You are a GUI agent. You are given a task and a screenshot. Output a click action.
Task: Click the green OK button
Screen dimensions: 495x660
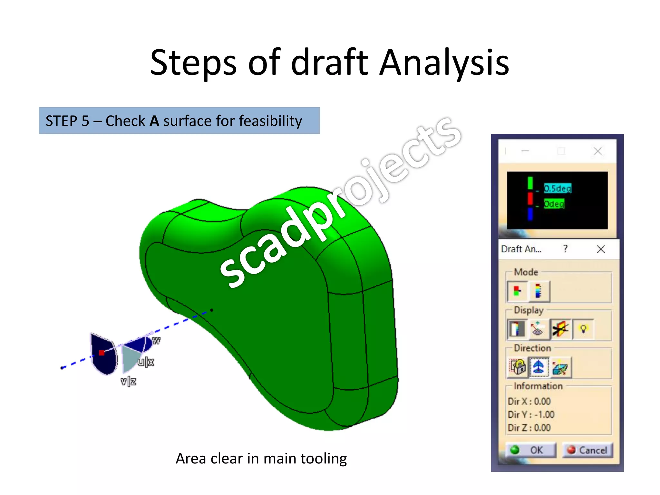(x=531, y=450)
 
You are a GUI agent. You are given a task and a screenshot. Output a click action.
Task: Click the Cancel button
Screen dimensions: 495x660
(x=587, y=450)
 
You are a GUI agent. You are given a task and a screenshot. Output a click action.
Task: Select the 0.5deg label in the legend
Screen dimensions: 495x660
(x=558, y=188)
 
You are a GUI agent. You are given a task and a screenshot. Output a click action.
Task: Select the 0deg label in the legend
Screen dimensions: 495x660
(x=554, y=204)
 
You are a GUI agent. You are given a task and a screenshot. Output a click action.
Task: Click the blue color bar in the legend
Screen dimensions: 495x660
(x=530, y=214)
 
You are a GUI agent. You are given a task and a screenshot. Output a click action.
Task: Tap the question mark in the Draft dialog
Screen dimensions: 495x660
(x=565, y=249)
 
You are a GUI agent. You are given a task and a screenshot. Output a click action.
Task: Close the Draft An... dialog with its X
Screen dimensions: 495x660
(x=601, y=249)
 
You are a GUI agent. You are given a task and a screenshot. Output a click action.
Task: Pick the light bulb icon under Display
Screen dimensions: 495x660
(x=583, y=329)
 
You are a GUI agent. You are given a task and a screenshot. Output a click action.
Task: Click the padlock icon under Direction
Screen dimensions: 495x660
(x=518, y=367)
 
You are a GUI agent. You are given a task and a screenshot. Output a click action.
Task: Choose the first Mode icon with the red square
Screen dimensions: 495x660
(x=517, y=291)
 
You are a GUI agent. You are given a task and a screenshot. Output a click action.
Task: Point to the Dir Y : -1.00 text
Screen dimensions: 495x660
(x=531, y=414)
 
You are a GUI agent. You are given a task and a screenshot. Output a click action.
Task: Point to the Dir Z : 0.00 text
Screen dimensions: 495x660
(x=529, y=428)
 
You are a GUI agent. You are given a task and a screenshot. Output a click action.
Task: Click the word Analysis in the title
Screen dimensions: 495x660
(x=444, y=63)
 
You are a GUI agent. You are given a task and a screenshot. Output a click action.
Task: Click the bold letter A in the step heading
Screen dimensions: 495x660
(x=154, y=121)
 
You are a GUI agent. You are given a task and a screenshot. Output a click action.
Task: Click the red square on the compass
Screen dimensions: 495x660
(x=102, y=353)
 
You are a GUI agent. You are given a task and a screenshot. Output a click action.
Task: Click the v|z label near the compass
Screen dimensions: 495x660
(x=128, y=382)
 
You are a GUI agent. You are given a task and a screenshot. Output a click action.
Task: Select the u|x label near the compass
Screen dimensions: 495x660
(x=146, y=362)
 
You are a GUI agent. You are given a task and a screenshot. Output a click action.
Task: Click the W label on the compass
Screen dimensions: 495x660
(x=156, y=341)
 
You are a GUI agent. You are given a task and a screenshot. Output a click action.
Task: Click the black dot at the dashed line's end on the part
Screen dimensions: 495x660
(x=211, y=310)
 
